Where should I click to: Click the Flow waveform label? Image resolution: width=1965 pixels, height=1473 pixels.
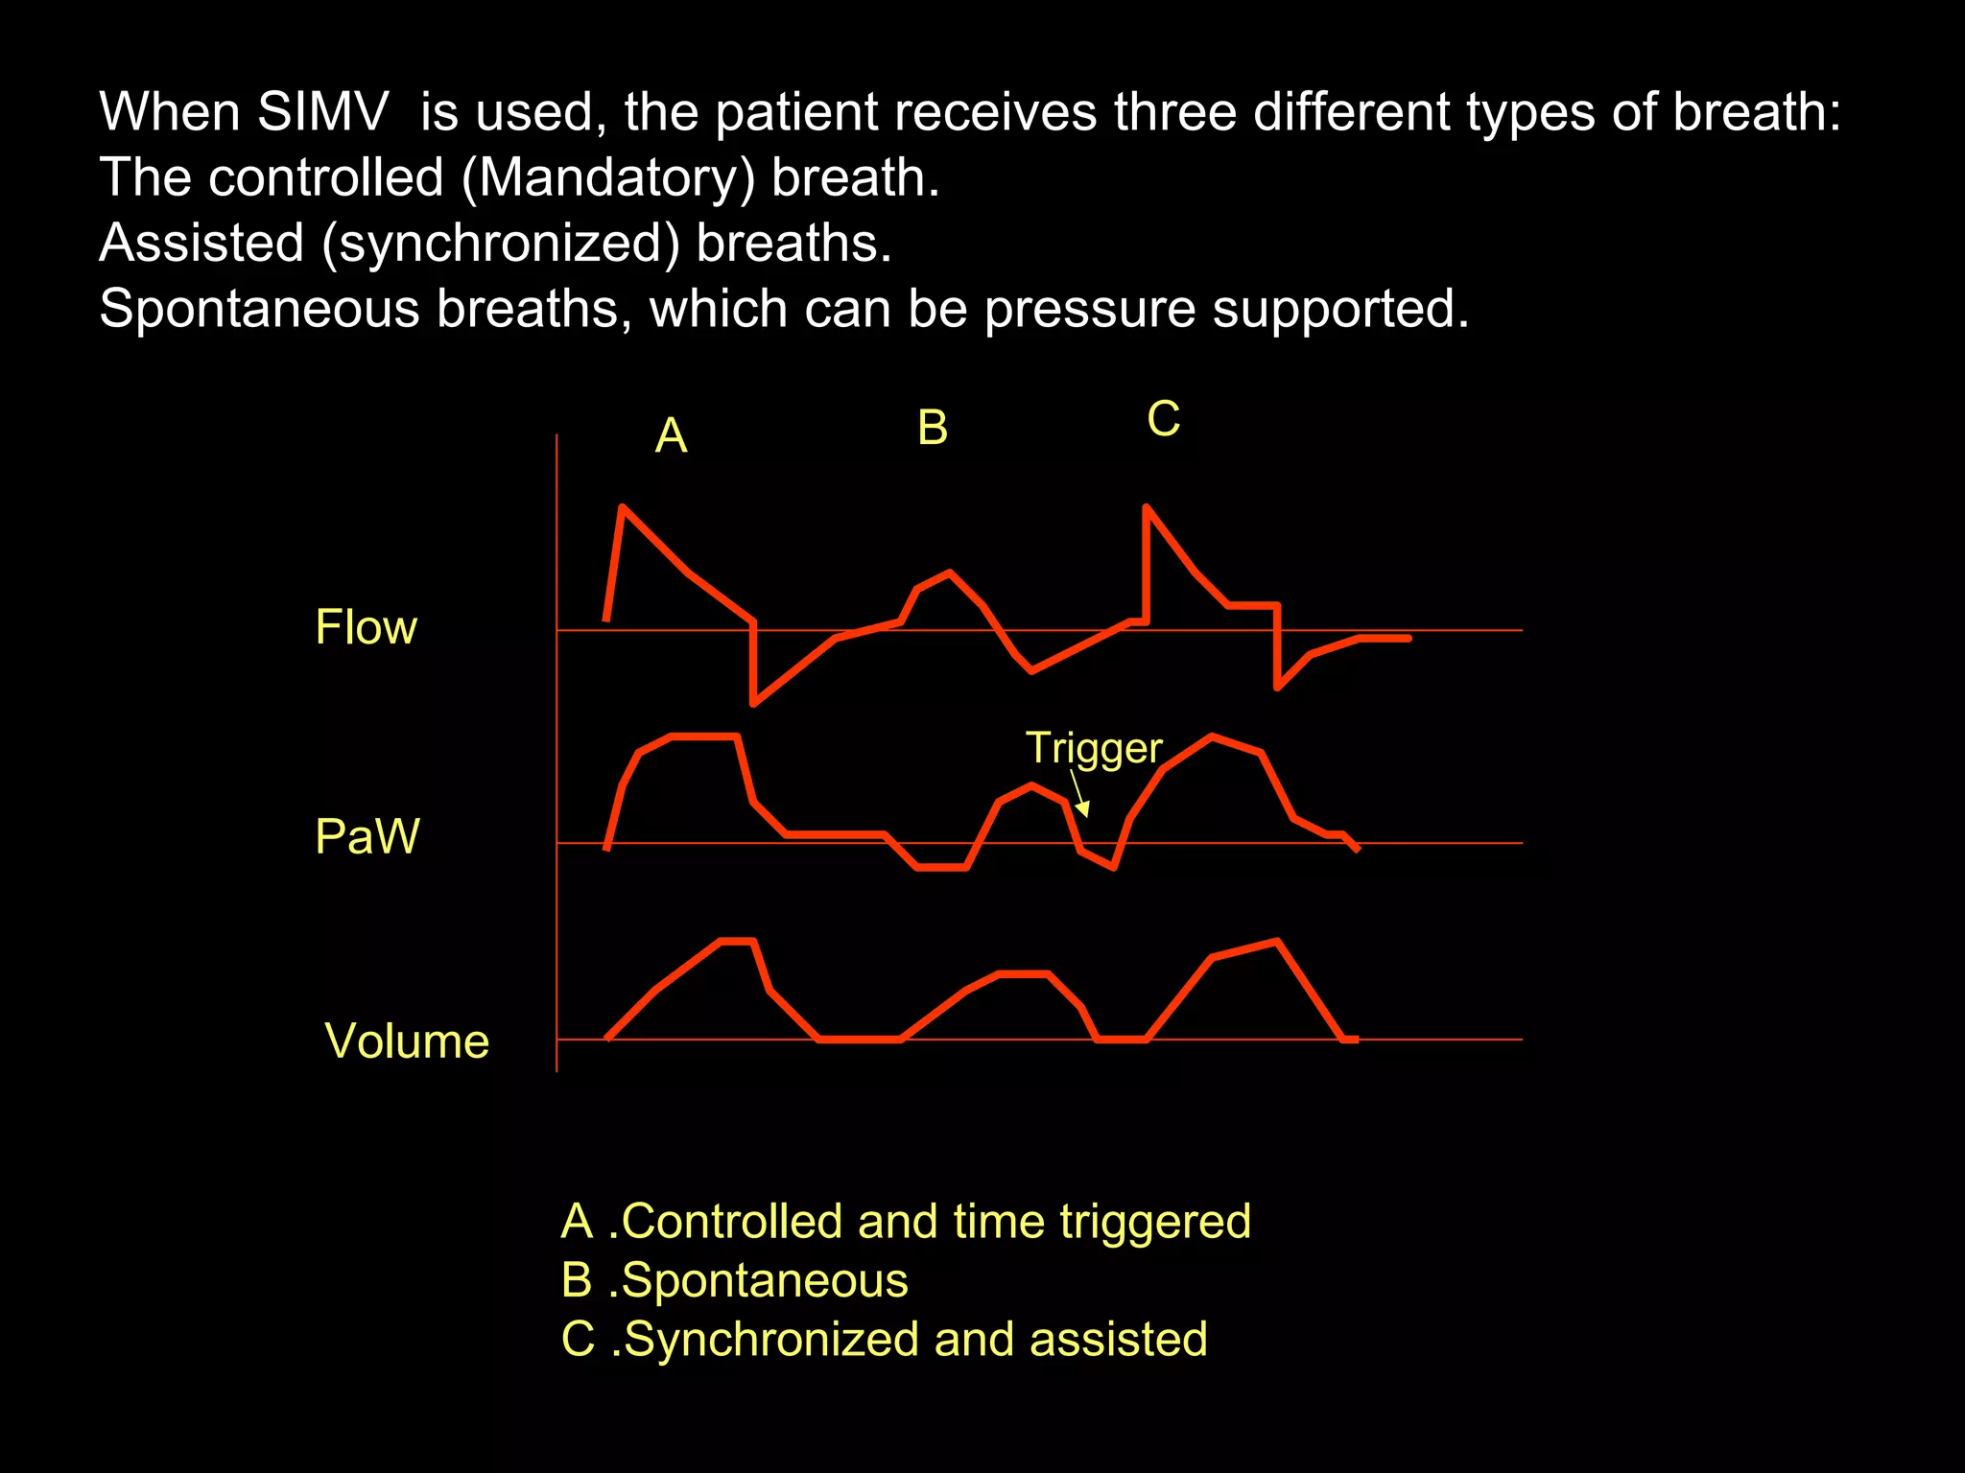[367, 628]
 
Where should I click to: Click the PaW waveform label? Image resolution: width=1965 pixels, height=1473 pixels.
[367, 836]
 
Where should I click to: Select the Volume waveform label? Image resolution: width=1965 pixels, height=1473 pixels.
[407, 1041]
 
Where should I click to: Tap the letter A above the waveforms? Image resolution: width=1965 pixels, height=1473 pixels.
[672, 436]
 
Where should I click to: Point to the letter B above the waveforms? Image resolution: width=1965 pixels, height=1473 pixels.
[933, 428]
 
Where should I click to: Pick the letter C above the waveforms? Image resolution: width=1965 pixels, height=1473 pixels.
[1164, 419]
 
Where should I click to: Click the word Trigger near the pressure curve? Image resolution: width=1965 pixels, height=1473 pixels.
[1094, 748]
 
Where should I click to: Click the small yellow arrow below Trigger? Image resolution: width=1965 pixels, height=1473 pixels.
[1080, 796]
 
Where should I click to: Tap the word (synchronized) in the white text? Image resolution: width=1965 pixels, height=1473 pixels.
[500, 244]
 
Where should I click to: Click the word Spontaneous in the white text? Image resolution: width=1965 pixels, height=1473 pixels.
[260, 309]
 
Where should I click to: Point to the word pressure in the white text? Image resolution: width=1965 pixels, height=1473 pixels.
[1089, 309]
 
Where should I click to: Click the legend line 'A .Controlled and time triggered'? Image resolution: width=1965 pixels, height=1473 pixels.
[906, 1222]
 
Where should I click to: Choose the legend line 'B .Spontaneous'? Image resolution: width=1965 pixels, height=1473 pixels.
[735, 1280]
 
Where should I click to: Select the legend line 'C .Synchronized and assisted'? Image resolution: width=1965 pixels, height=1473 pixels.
[884, 1340]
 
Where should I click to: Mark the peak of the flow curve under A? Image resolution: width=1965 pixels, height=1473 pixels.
[624, 506]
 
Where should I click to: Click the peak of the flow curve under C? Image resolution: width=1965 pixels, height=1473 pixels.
[1148, 506]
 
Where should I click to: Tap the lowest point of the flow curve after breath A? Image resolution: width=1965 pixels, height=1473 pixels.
[754, 704]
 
